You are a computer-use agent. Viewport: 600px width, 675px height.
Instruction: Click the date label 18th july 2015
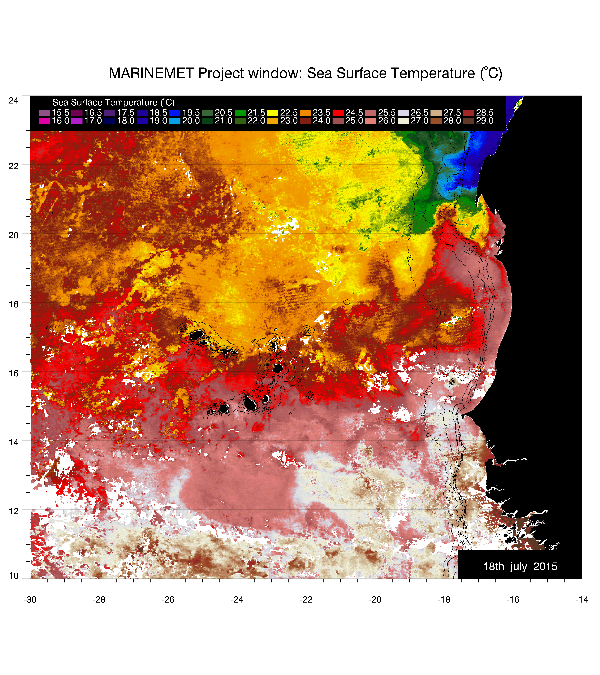520,566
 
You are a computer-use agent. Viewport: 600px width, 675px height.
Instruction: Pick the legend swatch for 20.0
175,121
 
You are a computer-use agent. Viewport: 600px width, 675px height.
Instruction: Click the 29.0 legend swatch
469,121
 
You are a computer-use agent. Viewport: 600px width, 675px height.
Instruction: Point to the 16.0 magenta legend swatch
44,121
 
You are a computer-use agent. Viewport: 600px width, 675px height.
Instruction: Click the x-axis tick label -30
30,599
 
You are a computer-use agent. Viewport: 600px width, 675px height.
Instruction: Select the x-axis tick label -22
306,599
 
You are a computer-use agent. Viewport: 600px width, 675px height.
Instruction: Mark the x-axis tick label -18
444,599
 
